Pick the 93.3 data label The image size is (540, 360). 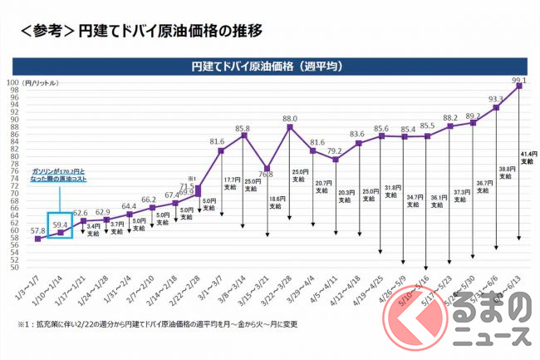(x=496, y=99)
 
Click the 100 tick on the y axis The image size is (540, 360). (x=25, y=82)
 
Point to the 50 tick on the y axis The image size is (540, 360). (x=27, y=268)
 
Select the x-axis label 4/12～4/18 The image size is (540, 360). (x=348, y=290)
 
